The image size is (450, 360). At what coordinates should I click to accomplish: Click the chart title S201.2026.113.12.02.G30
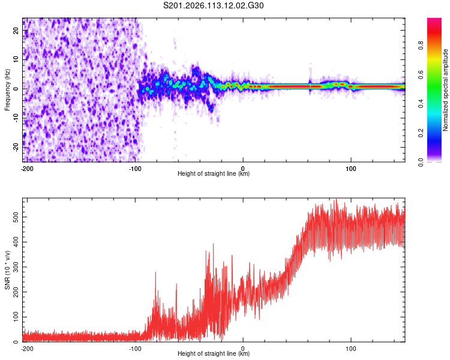click(x=214, y=6)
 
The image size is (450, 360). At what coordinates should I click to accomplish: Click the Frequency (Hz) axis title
click(x=7, y=90)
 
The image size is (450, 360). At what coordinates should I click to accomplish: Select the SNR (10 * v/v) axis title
click(x=7, y=270)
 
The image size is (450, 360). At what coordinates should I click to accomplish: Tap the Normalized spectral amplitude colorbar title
click(x=445, y=90)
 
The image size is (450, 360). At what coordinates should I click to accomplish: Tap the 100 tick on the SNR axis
click(x=14, y=317)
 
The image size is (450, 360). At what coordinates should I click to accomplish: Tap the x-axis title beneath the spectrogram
click(x=214, y=174)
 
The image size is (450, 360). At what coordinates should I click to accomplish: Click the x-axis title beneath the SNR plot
click(x=214, y=354)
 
